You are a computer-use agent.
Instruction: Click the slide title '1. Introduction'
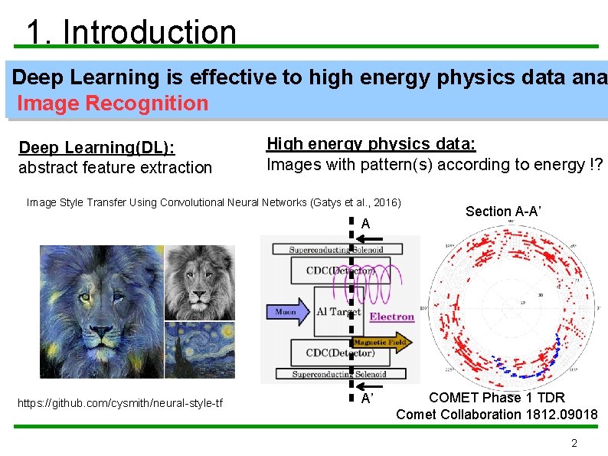click(131, 32)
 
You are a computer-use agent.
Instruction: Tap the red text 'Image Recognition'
click(112, 103)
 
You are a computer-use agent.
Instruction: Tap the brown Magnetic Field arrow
click(381, 342)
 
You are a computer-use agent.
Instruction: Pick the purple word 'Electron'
click(392, 317)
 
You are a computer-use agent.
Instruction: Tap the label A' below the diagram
click(367, 399)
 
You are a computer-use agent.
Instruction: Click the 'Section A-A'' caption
click(503, 212)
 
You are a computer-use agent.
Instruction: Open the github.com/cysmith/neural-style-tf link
click(119, 403)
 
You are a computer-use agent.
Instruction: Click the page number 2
click(574, 443)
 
